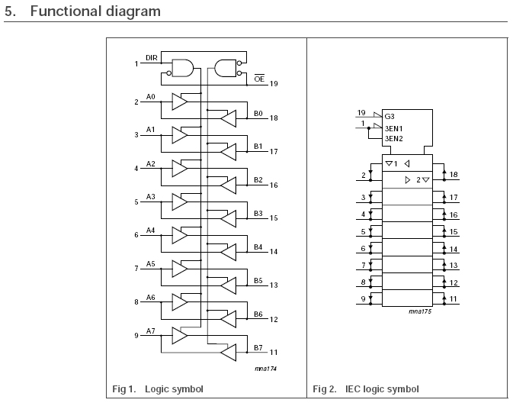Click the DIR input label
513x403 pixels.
(x=151, y=58)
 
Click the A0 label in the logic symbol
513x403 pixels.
(x=151, y=97)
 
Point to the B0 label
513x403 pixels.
(x=258, y=113)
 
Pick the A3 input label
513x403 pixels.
(x=151, y=197)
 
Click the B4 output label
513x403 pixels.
(x=258, y=247)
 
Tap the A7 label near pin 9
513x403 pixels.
(x=151, y=330)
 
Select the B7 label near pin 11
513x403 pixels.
(x=258, y=347)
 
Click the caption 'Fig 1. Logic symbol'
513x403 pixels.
(x=158, y=389)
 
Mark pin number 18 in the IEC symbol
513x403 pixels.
(x=453, y=175)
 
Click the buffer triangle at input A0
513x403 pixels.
(x=179, y=102)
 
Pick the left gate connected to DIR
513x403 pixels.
(x=183, y=69)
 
